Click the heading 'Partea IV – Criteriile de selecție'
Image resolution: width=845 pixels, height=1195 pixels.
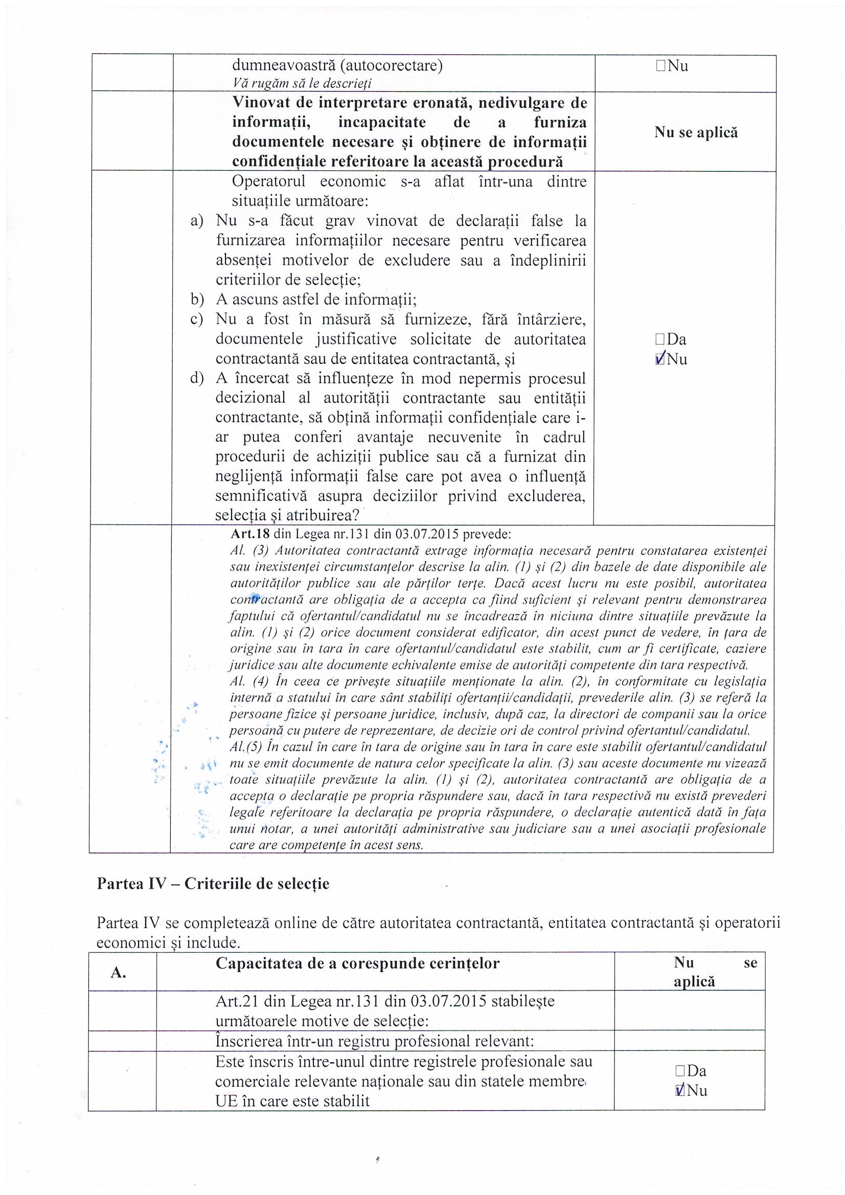[x=213, y=884]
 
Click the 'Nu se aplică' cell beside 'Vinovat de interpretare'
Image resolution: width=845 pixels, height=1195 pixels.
[x=696, y=132]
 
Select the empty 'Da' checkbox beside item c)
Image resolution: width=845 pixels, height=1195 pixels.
[x=660, y=339]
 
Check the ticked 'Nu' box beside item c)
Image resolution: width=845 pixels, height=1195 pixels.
[x=660, y=359]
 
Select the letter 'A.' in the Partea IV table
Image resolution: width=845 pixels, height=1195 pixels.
[x=118, y=974]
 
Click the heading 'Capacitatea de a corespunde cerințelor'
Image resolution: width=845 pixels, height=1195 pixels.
[x=357, y=964]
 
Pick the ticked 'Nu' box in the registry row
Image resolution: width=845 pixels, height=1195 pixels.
[x=680, y=1091]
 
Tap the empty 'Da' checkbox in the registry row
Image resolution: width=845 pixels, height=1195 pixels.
[x=680, y=1071]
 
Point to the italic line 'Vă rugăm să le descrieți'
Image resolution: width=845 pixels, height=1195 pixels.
[x=302, y=83]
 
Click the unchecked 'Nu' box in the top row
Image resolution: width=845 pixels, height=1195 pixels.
[x=660, y=66]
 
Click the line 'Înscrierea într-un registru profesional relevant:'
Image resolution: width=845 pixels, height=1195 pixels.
[x=375, y=1041]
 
